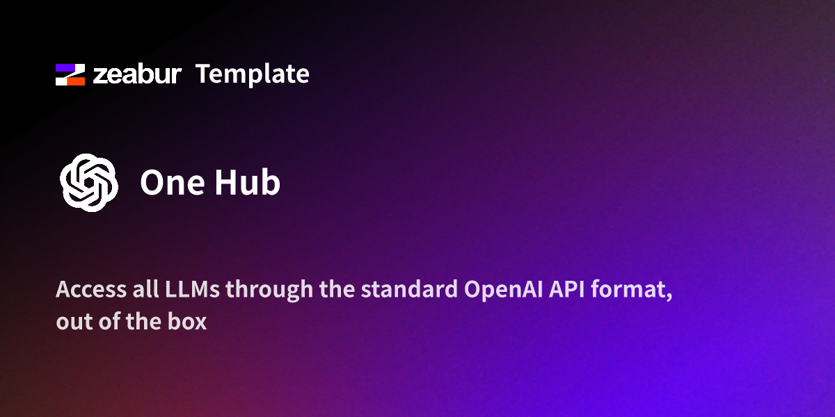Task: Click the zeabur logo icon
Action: (70, 74)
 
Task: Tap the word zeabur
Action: (137, 74)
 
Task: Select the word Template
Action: (252, 74)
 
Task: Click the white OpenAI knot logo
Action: (88, 182)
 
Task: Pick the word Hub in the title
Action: (247, 183)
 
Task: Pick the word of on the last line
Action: (104, 323)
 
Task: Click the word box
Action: (186, 323)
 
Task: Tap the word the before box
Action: (139, 323)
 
